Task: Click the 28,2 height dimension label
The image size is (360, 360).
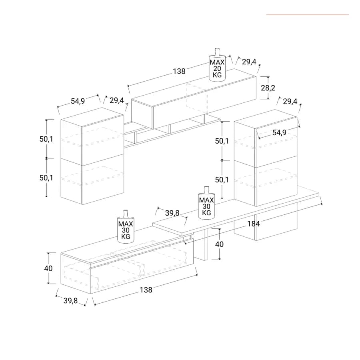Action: point(268,88)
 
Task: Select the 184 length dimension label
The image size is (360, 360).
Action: point(254,224)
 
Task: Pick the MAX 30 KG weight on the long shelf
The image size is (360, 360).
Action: point(206,203)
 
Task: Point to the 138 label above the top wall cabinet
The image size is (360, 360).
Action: point(179,72)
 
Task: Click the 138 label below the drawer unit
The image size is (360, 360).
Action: point(146,290)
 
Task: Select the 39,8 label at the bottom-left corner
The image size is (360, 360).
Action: point(70,300)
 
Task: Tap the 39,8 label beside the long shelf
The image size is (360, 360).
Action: point(172,213)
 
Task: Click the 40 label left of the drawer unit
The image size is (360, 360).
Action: point(48,268)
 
